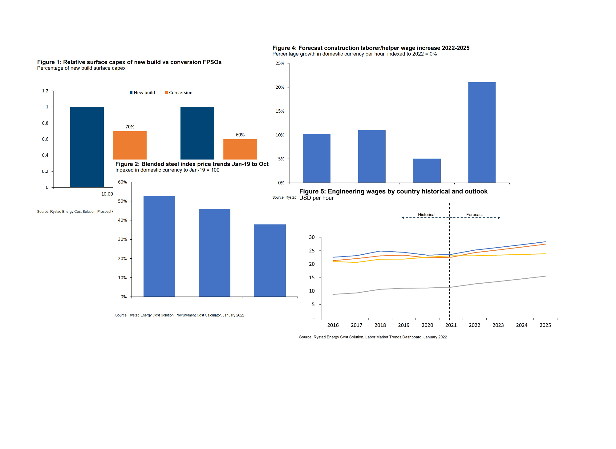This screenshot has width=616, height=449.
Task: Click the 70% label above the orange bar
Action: pos(130,127)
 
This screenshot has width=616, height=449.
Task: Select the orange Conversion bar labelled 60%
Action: pos(240,149)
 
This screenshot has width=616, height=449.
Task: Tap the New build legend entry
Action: pos(142,93)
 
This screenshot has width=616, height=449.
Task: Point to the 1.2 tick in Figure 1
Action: pos(45,91)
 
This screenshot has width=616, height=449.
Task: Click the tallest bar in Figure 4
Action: pos(482,132)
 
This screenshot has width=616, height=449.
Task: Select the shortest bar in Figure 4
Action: pos(427,171)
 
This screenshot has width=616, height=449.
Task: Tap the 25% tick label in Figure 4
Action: pos(280,63)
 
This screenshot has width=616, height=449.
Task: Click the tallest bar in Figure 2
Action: pos(159,246)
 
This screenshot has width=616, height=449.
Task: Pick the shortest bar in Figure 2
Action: pos(270,261)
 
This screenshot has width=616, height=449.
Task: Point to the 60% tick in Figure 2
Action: pos(122,182)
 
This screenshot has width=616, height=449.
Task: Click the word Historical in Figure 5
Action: pos(427,215)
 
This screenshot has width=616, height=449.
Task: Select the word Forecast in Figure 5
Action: pos(474,215)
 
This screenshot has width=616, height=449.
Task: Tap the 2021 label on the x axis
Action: pos(451,325)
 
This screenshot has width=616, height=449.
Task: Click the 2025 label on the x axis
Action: pos(545,325)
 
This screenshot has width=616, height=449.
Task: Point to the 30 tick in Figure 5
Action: pos(312,237)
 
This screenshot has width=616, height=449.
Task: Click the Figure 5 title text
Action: pos(393,192)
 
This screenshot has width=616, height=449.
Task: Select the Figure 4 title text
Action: pos(371,48)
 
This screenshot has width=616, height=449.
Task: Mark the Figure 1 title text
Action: pos(129,62)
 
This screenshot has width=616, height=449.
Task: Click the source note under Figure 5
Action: pos(373,337)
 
